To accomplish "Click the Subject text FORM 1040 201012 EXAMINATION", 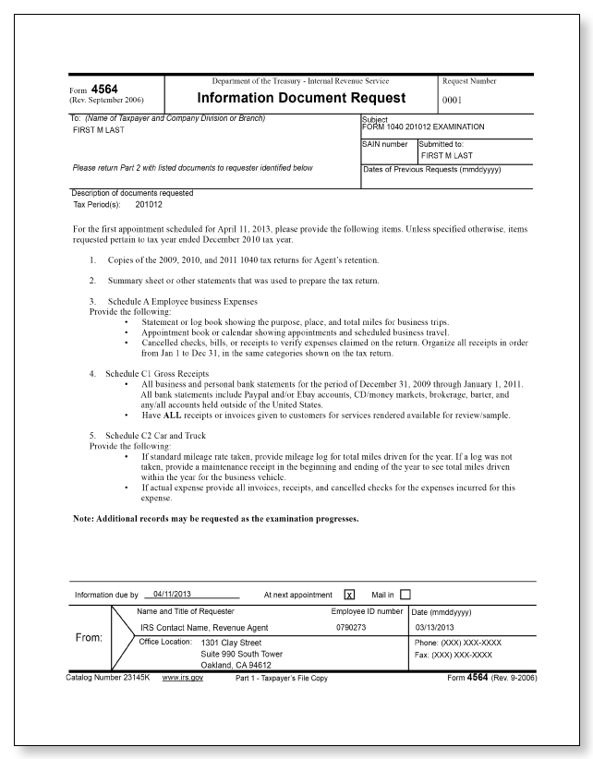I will (x=421, y=126).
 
